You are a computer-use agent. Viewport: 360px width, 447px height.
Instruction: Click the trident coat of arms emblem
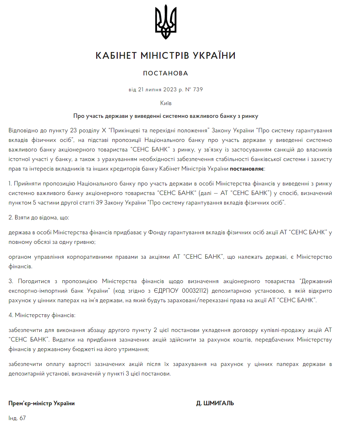tap(166, 22)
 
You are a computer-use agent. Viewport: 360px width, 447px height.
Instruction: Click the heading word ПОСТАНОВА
tap(166, 73)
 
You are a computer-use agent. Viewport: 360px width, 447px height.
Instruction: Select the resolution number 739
tap(198, 90)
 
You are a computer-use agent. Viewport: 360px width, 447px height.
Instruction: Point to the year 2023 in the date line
tap(170, 90)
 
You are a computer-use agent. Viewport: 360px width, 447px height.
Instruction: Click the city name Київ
tap(166, 103)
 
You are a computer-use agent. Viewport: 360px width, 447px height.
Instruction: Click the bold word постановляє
tap(247, 169)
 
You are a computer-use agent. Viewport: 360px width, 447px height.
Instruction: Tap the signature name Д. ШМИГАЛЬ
tap(215, 403)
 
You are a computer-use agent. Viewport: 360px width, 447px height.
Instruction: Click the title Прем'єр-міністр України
tap(41, 403)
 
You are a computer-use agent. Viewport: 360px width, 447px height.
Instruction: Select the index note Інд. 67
tap(17, 418)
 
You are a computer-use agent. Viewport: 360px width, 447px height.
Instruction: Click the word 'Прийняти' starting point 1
tap(27, 184)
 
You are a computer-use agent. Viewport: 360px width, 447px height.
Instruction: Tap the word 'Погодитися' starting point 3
tap(34, 281)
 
